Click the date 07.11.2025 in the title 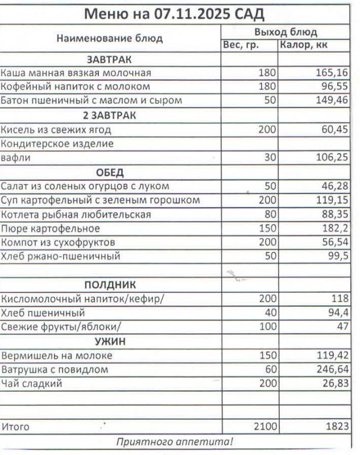point(193,14)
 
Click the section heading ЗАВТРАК point(109,59)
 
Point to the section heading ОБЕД point(109,172)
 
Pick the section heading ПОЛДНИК point(109,285)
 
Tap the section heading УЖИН point(109,341)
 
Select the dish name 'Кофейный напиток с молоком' point(76,87)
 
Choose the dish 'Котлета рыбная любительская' point(76,214)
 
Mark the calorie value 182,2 point(334,229)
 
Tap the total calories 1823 point(334,426)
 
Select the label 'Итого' point(15,426)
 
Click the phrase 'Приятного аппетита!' point(175,442)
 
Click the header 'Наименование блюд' point(109,39)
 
